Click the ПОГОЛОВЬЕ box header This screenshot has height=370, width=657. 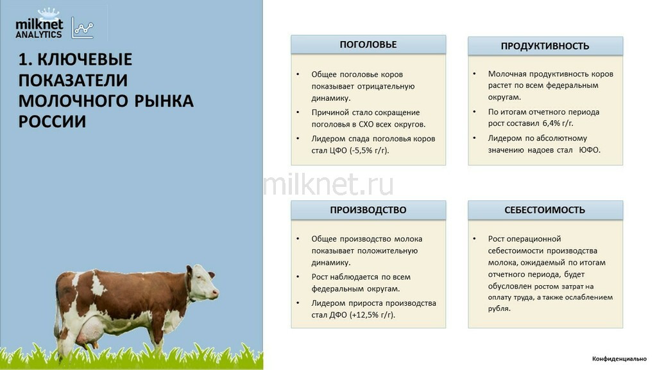click(x=368, y=44)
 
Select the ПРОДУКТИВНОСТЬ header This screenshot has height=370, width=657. click(x=545, y=46)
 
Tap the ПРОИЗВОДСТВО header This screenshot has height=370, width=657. click(x=368, y=210)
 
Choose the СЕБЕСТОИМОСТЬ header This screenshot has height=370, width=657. click(x=545, y=210)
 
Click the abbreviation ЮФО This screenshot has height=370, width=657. click(x=590, y=150)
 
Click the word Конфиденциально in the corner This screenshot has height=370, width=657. click(x=619, y=358)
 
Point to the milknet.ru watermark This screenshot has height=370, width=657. click(x=328, y=185)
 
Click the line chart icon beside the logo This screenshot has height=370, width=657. click(x=82, y=28)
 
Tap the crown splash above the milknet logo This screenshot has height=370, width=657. click(x=49, y=13)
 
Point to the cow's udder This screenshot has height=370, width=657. click(x=89, y=327)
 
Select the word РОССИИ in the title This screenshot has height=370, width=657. click(x=53, y=121)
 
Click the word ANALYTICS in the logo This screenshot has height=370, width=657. click(x=38, y=35)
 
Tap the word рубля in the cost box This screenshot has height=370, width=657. click(x=498, y=309)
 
